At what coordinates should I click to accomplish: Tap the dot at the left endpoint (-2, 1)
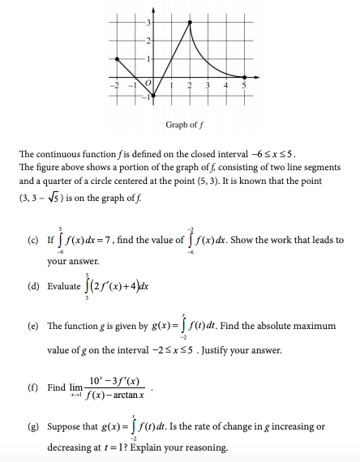coord(118,58)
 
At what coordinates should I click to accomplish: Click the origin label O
coord(148,83)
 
